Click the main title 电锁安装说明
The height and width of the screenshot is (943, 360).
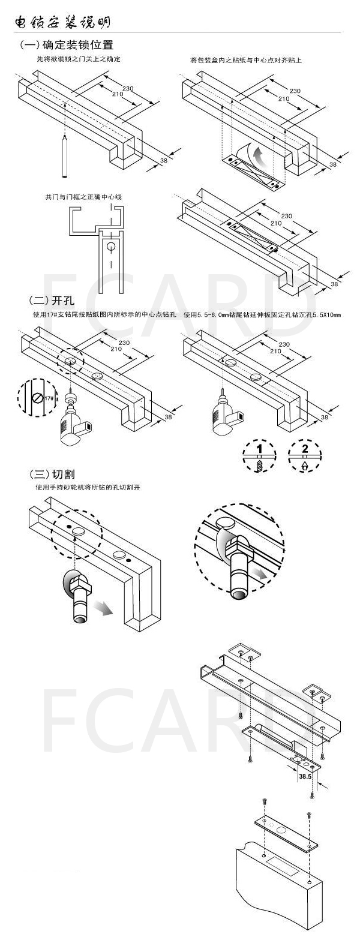[x=62, y=22]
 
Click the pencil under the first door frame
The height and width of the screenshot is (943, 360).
[x=63, y=156]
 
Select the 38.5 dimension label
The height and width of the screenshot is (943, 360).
[x=305, y=776]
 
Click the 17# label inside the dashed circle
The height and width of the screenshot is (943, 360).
[x=49, y=398]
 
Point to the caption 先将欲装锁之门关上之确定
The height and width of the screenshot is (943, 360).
[x=79, y=60]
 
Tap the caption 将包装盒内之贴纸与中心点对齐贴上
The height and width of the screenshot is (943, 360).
[x=245, y=60]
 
